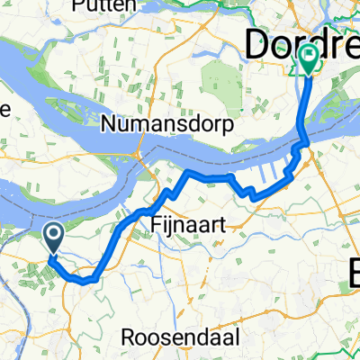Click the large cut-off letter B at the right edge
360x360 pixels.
point(352,271)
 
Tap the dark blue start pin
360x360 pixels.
point(53,237)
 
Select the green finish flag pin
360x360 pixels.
point(309,59)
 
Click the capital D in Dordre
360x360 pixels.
point(256,42)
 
